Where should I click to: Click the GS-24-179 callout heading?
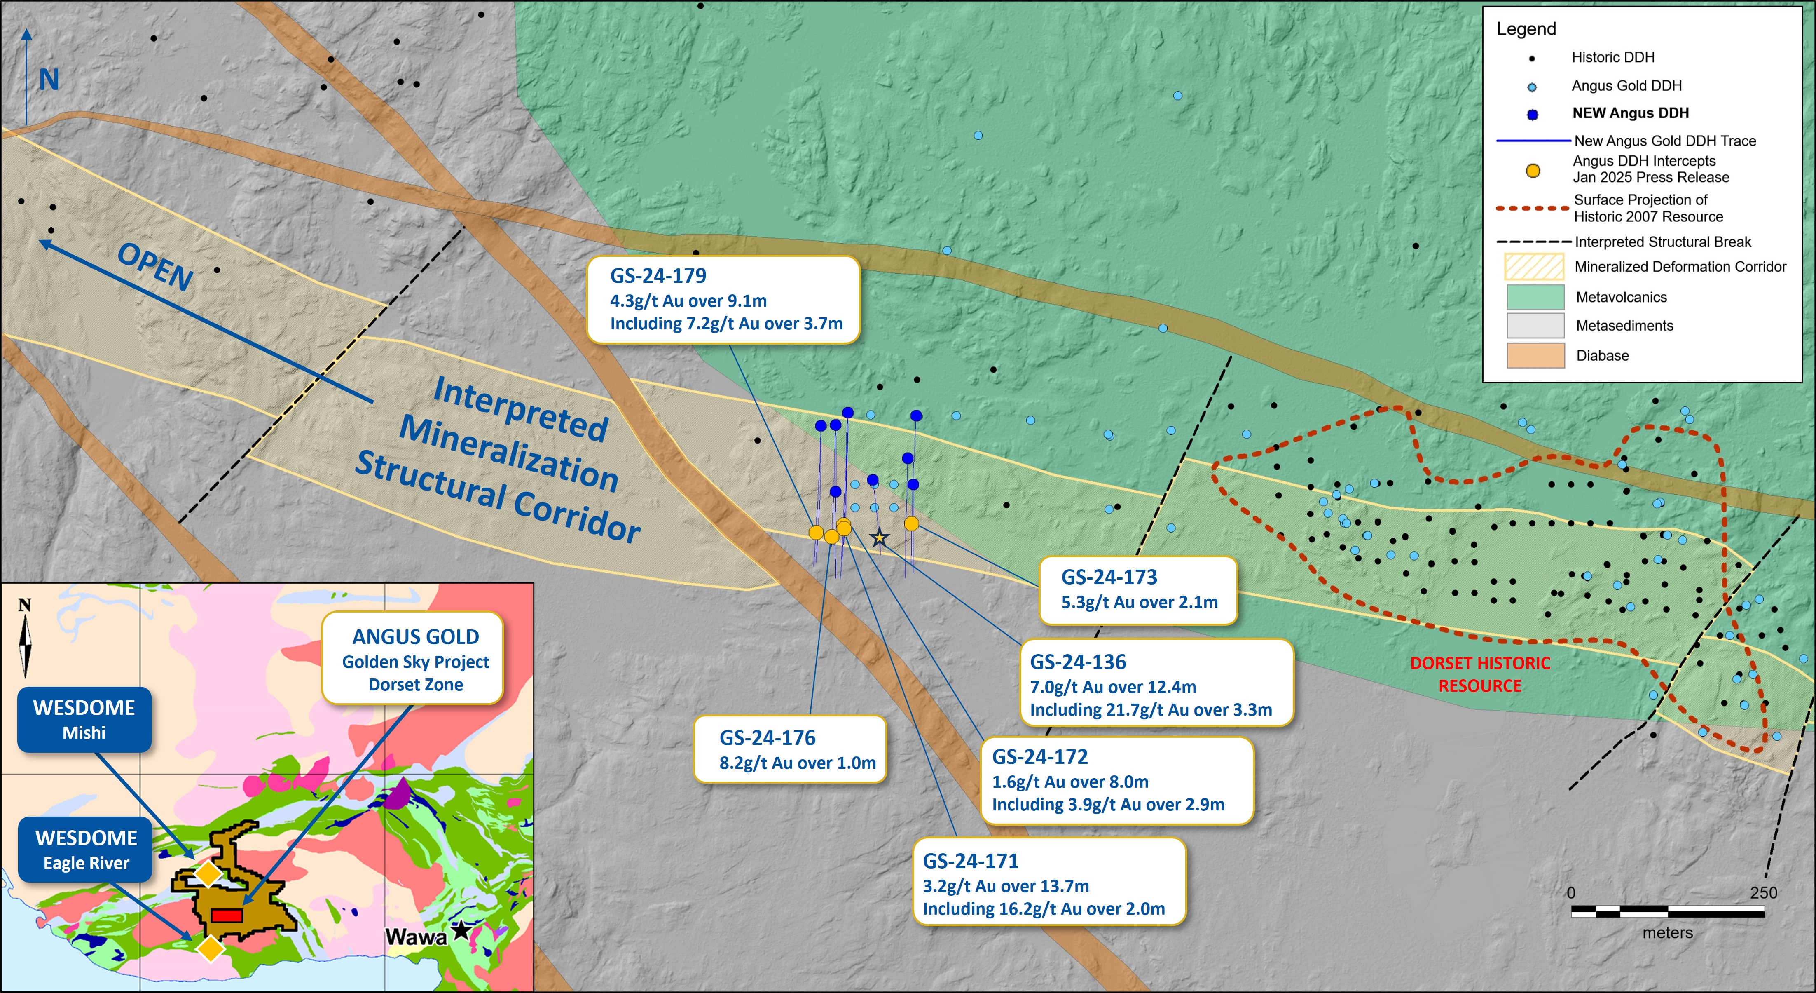(x=658, y=276)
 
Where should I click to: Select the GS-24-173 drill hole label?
(x=1109, y=577)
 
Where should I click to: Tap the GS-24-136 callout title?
(x=1078, y=662)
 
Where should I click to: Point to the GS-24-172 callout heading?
(x=1040, y=757)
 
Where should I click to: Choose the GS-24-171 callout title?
(x=971, y=861)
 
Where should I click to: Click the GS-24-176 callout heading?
(x=767, y=738)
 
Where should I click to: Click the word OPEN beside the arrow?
(x=155, y=267)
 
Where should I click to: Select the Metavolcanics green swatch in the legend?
(x=1535, y=297)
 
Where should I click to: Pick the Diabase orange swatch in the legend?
(x=1535, y=355)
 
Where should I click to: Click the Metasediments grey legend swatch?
(x=1535, y=326)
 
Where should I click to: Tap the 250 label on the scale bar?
(x=1763, y=893)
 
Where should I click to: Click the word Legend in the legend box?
(x=1526, y=29)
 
